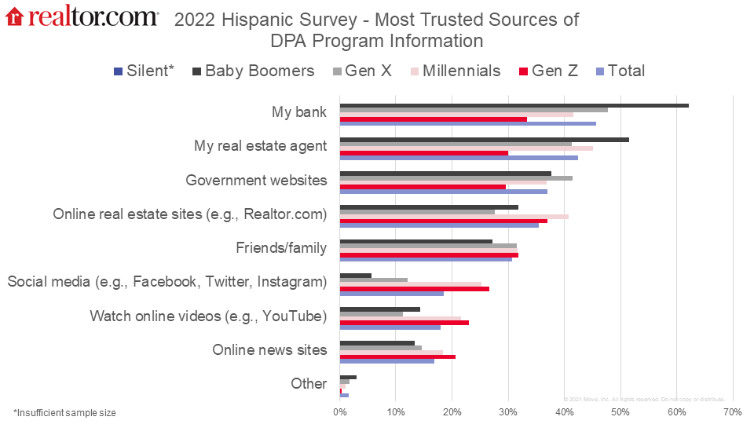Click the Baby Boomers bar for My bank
coord(514,105)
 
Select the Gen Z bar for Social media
coord(414,289)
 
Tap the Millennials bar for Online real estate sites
coord(454,216)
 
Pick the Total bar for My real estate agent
coord(459,158)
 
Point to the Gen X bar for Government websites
coord(456,178)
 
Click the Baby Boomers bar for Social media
coord(355,275)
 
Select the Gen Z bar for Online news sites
coord(397,356)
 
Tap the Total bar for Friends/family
coord(426,259)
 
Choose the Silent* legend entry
coord(143,71)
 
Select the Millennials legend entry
coord(453,71)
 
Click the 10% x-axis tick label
coord(397,411)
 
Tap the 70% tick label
coord(732,411)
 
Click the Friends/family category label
coord(281,248)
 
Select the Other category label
coord(309,383)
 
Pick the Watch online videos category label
coord(208,316)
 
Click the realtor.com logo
coord(82,17)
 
